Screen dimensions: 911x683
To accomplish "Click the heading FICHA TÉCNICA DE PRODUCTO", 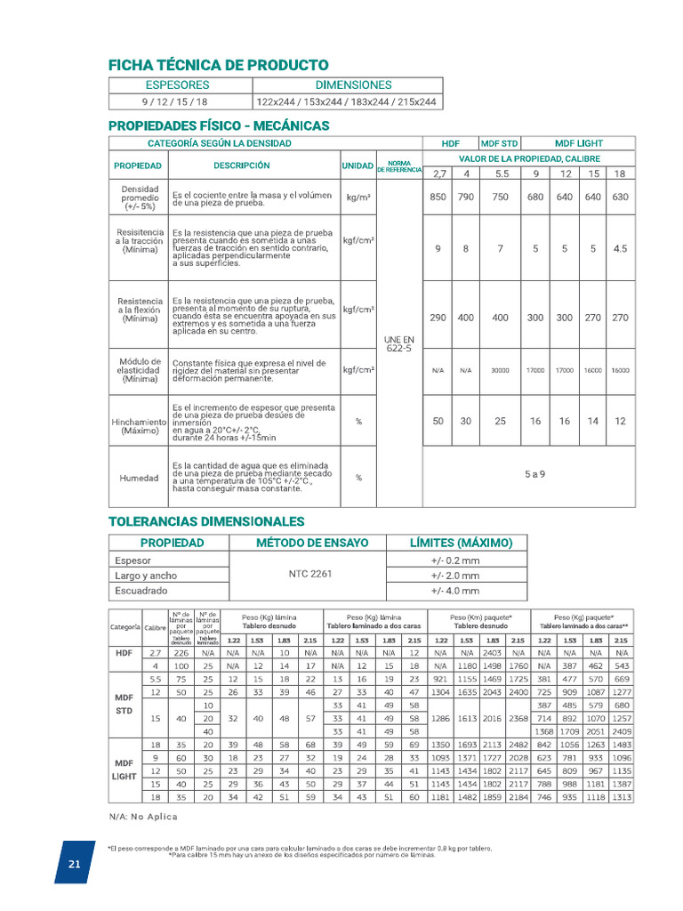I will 218,65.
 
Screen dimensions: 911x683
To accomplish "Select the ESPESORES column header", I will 177,85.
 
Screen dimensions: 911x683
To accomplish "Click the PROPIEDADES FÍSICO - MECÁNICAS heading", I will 218,125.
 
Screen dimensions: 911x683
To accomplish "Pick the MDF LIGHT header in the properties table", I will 578,143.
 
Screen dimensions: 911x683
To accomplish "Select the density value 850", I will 438,198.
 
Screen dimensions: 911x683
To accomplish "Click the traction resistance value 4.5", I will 620,250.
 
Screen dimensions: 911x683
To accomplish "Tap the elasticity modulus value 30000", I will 501,370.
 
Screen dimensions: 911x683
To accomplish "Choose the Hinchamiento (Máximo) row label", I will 139,425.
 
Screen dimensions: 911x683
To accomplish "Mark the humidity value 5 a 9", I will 534,474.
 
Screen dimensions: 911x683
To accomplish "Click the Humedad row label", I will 139,478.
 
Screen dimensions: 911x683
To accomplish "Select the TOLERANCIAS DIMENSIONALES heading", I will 206,521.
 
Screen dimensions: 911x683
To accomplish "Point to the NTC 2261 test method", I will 311,575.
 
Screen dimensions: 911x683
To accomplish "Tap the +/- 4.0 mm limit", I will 454,591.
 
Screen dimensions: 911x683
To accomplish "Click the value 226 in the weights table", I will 181,652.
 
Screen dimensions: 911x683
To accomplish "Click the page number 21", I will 75,865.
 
